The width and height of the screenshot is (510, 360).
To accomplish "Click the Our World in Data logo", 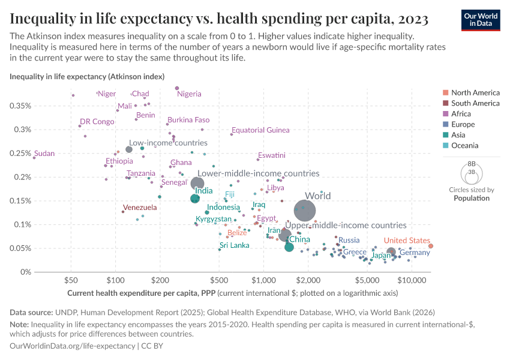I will click(x=481, y=19).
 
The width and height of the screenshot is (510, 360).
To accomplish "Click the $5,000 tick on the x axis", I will click(x=367, y=280).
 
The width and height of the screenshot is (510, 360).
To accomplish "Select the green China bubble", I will click(x=289, y=247).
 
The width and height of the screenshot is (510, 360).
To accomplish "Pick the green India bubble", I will click(x=195, y=199).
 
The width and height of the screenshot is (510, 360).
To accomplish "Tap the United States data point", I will click(x=431, y=246).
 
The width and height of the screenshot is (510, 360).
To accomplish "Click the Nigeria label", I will click(x=189, y=94).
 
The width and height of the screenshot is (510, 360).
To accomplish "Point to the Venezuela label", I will click(x=140, y=208).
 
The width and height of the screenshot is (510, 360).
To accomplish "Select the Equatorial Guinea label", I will click(x=260, y=130).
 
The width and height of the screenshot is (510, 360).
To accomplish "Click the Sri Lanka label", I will click(x=234, y=245).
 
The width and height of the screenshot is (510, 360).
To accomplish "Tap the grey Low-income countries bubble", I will click(x=128, y=149).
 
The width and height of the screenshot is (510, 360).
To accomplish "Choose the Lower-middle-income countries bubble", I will click(x=197, y=184).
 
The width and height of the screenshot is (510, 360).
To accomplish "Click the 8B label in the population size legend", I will click(x=471, y=164).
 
